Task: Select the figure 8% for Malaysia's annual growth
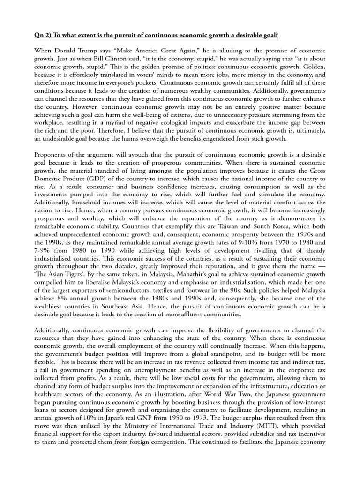point(78,299)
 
